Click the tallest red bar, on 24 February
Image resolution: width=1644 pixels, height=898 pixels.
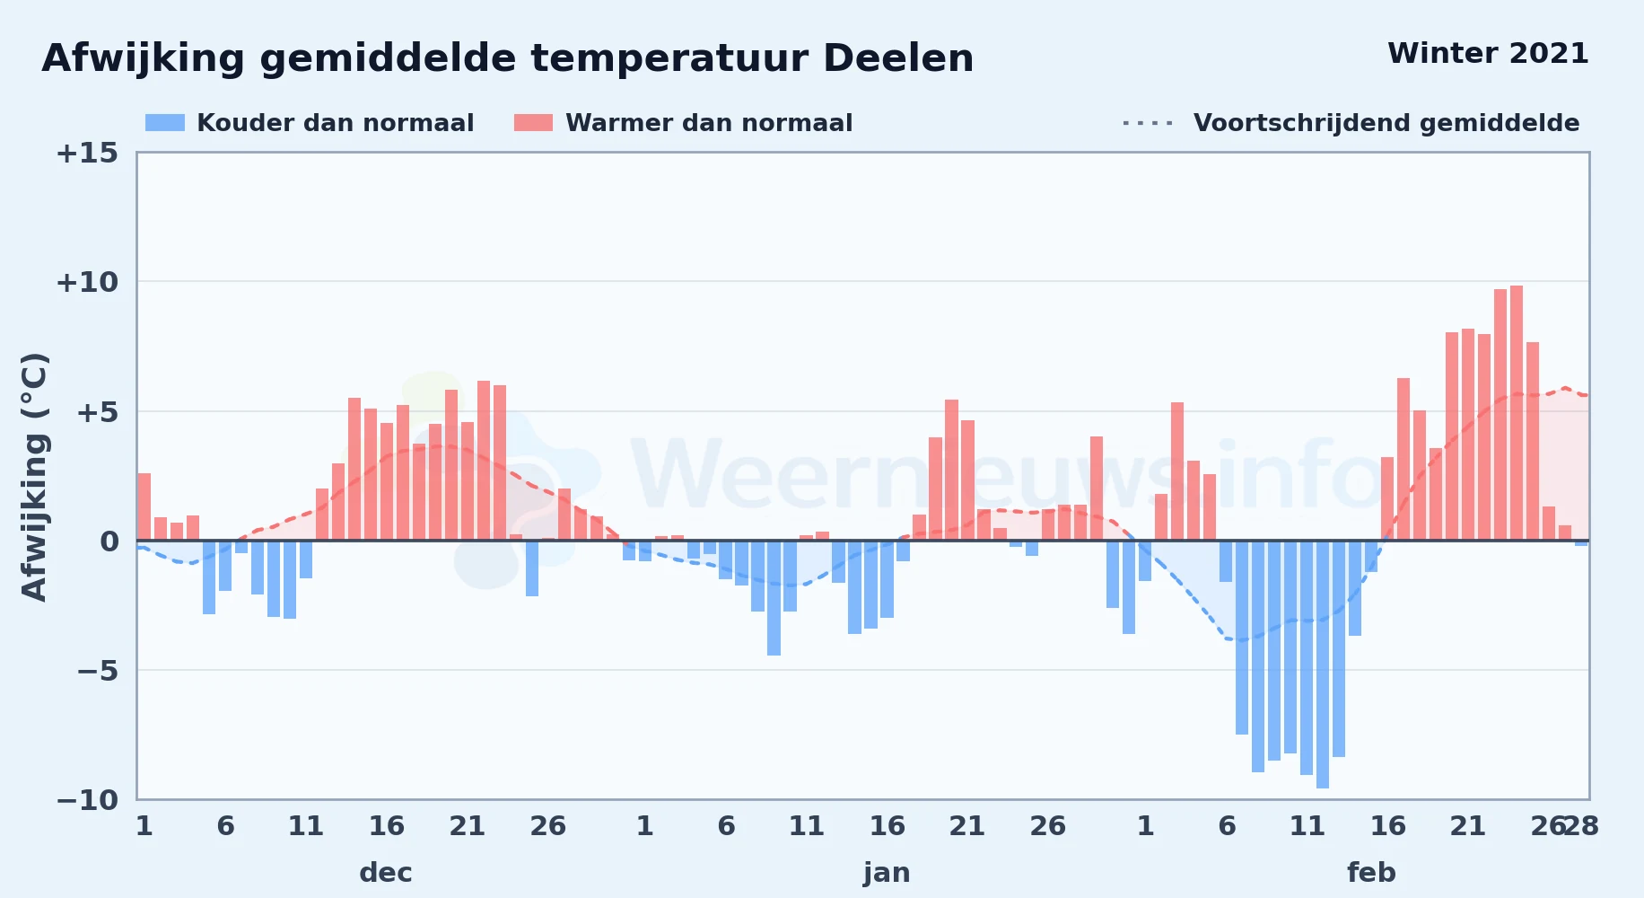1517,413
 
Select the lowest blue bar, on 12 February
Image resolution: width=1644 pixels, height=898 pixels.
1323,665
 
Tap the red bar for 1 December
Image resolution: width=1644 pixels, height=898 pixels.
144,506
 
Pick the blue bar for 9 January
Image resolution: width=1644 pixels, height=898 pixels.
774,598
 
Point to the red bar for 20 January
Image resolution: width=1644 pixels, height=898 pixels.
951,470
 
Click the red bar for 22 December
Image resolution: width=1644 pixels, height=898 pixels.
484,461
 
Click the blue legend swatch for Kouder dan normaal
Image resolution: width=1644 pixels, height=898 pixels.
165,123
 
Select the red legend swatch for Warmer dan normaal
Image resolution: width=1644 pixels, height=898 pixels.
533,123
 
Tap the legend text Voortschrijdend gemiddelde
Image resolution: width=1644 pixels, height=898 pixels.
1386,123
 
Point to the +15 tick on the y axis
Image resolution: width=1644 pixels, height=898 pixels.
87,154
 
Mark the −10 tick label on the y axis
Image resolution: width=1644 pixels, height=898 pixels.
87,800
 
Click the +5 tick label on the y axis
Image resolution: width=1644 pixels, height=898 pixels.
97,413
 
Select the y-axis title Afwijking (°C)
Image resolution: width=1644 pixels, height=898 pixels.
34,477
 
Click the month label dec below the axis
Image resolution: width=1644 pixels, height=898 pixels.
386,873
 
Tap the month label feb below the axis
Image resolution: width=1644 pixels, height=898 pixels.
1371,873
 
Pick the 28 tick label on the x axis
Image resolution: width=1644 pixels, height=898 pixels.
1581,826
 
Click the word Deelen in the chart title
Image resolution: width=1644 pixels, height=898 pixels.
898,59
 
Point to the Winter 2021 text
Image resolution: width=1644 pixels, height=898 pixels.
1488,54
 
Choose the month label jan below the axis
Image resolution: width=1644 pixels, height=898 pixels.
887,873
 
